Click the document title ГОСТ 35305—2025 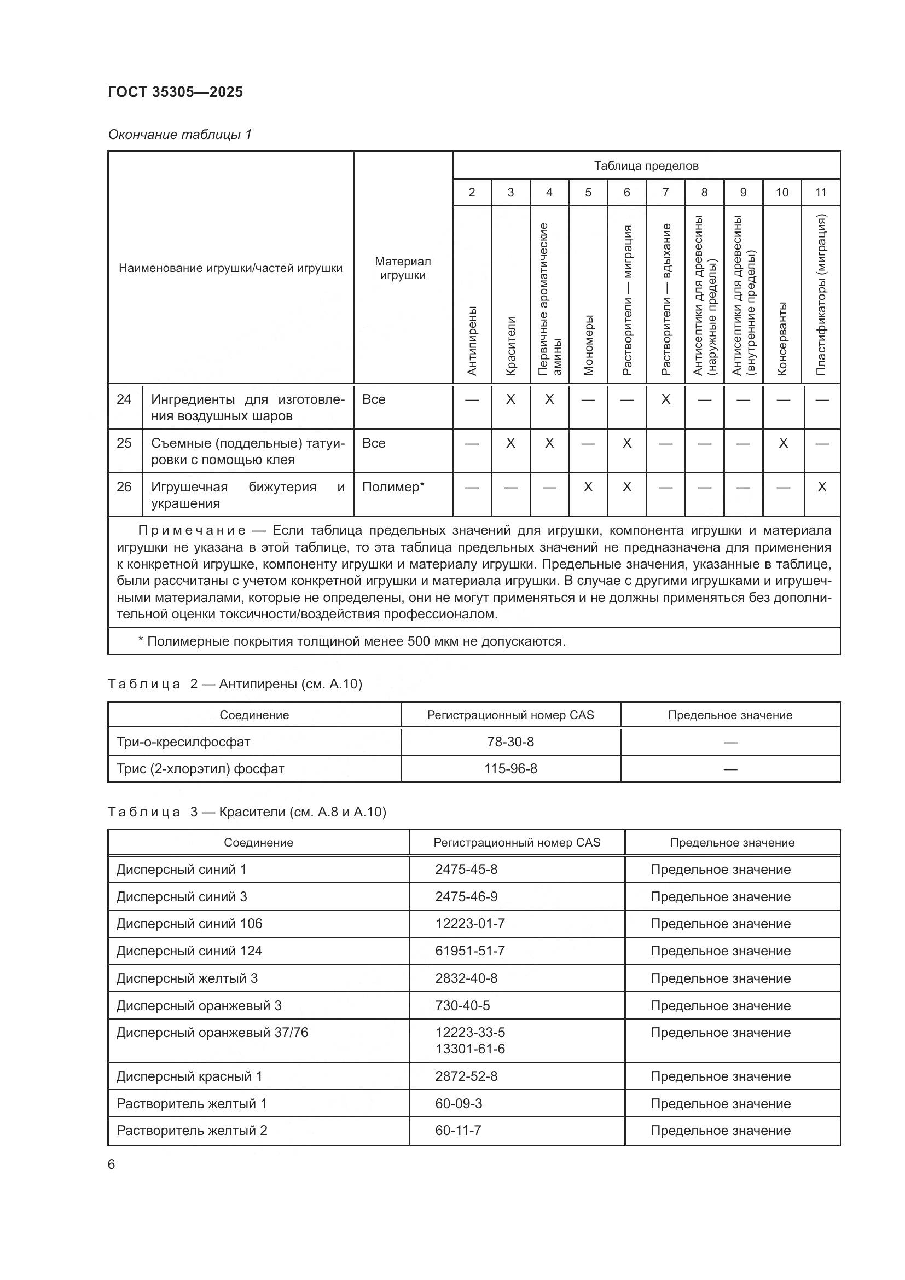click(x=175, y=92)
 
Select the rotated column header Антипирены click(x=472, y=340)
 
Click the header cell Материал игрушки click(x=402, y=268)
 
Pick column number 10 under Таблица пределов click(x=782, y=192)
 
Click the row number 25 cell click(x=124, y=443)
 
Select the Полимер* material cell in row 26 click(x=393, y=486)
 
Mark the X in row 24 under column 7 click(x=665, y=399)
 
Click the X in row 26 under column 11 click(x=821, y=486)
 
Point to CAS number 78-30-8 click(x=510, y=742)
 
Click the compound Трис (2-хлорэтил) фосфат click(x=200, y=769)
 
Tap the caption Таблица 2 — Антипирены click(x=235, y=684)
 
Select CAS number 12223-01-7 click(x=470, y=923)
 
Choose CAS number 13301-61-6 click(x=470, y=1049)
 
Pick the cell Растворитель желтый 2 click(x=192, y=1130)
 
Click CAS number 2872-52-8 click(x=466, y=1076)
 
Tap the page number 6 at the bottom click(x=112, y=1164)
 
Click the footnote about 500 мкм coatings click(x=352, y=641)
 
